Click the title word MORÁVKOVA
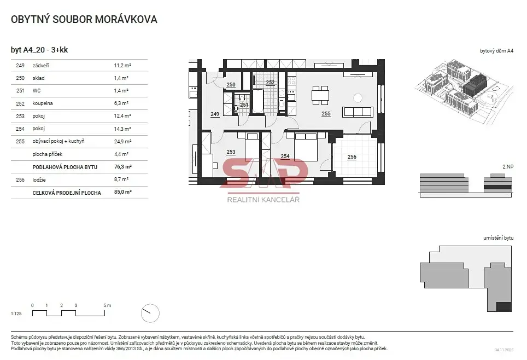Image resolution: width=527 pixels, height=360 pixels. [126, 19]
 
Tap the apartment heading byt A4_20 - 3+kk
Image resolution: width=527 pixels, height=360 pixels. [39, 50]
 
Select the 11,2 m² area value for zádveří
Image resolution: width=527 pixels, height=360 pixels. [122, 65]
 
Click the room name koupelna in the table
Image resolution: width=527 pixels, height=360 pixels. [42, 103]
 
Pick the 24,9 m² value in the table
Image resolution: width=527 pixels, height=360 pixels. [122, 141]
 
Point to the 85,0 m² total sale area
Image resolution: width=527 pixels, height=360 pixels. [122, 192]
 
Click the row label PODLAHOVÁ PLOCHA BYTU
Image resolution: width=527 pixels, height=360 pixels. [65, 167]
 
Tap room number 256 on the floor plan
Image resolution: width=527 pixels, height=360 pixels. [352, 157]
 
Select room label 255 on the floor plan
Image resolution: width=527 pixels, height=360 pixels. [326, 114]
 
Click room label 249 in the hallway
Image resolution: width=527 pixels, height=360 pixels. [215, 114]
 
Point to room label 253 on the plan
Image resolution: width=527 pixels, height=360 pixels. [231, 152]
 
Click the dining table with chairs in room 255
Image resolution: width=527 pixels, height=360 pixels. [320, 95]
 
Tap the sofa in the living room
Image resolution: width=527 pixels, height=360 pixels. [358, 112]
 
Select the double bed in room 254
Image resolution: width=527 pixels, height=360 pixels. [306, 147]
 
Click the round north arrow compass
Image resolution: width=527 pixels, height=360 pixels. [150, 313]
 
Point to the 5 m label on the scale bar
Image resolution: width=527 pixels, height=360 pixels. [107, 305]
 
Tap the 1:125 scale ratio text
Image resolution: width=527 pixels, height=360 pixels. [16, 313]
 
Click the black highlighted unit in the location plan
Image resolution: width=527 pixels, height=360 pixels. [504, 306]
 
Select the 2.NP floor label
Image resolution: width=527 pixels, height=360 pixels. [508, 166]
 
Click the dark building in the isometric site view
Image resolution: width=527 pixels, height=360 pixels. [474, 85]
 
